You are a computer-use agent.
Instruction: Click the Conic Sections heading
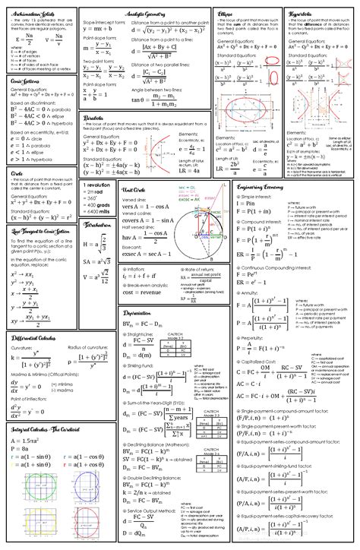click(x=27, y=79)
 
